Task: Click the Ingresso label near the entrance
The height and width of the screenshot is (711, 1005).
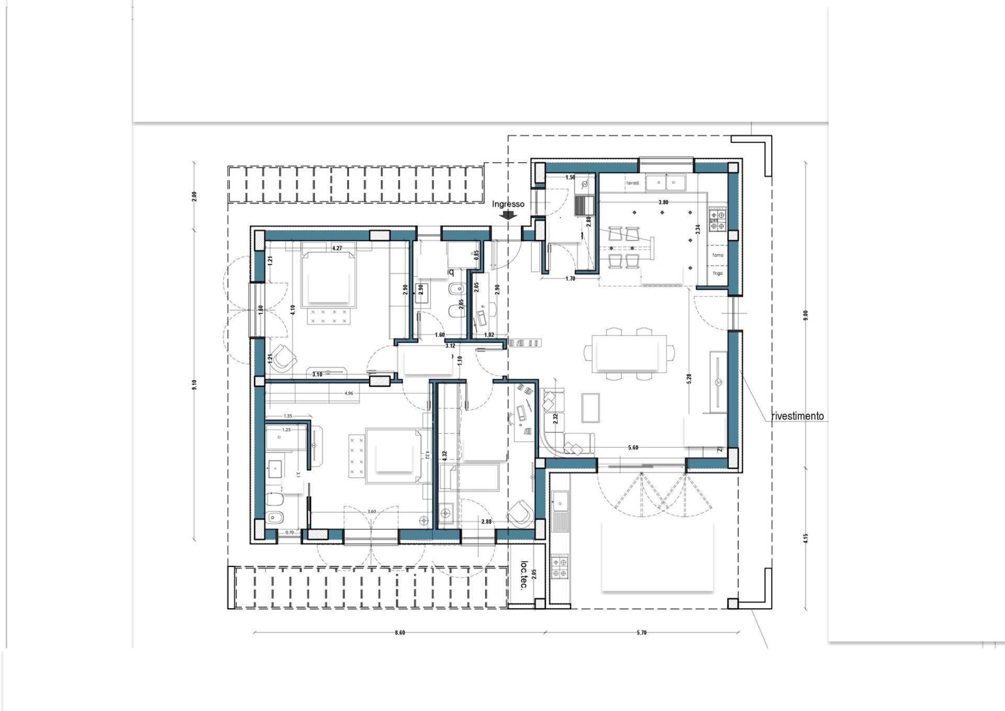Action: pos(508,204)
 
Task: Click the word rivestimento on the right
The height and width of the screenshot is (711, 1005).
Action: pos(797,417)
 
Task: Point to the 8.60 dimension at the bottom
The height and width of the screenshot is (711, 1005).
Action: pos(400,633)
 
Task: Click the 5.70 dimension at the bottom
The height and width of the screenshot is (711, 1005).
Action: pos(642,633)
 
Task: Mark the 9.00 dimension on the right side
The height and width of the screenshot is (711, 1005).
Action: pos(806,315)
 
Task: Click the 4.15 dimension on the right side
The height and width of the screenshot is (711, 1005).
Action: pos(806,538)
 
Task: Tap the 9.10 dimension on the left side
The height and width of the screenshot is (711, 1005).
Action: pos(194,385)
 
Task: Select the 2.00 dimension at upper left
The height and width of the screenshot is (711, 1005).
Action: pos(194,196)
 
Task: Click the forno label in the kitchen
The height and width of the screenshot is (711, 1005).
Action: pos(718,255)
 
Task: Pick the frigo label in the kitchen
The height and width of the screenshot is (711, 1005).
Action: pos(718,274)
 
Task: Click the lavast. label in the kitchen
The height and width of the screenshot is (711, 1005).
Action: pos(633,183)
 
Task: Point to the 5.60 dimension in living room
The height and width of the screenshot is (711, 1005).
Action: pos(633,448)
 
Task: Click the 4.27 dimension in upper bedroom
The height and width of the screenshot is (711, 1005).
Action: pos(338,248)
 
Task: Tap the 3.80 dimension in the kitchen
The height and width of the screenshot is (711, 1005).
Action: pos(663,202)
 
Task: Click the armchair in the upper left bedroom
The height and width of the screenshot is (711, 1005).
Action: pos(284,357)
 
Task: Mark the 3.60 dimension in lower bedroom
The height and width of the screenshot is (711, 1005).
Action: pos(372,511)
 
